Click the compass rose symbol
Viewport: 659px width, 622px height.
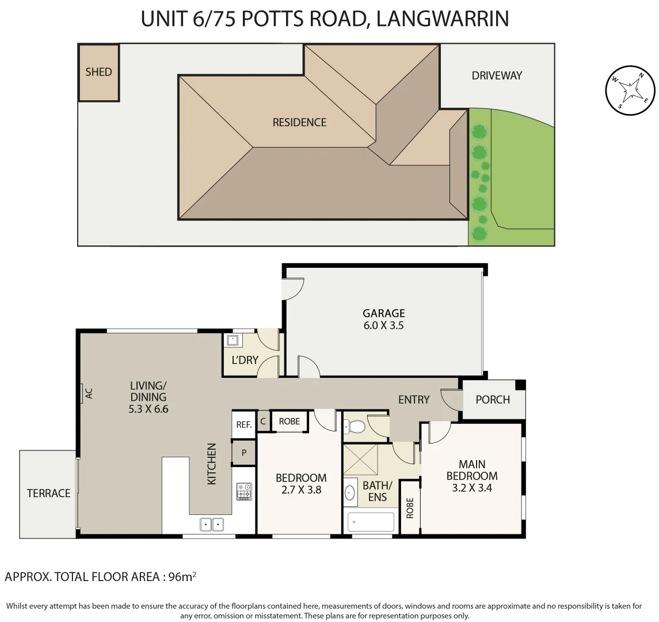(x=630, y=90)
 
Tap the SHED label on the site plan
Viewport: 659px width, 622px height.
(x=98, y=72)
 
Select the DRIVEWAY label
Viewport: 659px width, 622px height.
(x=496, y=75)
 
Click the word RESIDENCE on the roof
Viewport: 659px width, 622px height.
(x=299, y=122)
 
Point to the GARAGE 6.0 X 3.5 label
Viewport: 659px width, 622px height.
(x=383, y=319)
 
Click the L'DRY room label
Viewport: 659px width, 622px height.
(x=245, y=360)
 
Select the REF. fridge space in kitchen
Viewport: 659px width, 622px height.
(x=244, y=425)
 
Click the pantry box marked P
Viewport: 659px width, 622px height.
(x=244, y=453)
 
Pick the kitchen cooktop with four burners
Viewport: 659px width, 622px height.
(x=244, y=491)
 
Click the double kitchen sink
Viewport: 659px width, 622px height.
(x=211, y=524)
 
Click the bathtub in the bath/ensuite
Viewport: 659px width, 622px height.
(x=371, y=522)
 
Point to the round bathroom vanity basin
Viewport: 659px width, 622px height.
(x=350, y=493)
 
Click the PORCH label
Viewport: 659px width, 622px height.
(x=492, y=399)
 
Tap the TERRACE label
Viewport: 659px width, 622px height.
(x=49, y=493)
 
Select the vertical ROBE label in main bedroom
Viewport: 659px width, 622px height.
(x=410, y=509)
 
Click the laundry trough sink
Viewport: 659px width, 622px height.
(x=234, y=340)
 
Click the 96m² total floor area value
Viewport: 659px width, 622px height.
(x=183, y=576)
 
